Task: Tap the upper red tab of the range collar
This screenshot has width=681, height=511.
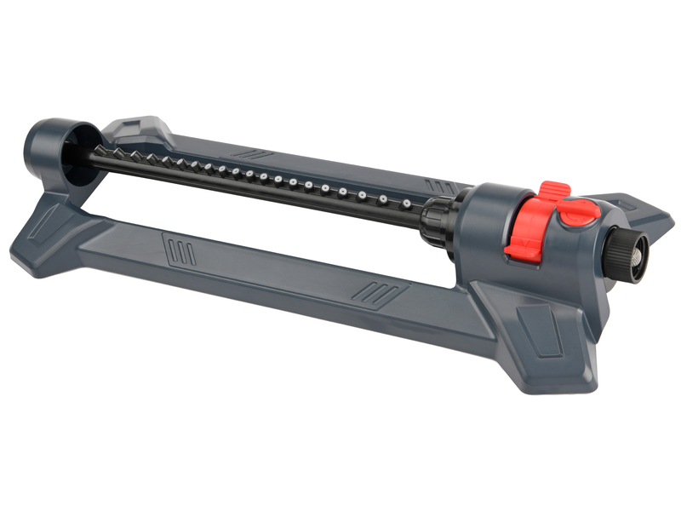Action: point(554,192)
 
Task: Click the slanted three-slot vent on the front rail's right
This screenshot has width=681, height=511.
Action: point(369,291)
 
